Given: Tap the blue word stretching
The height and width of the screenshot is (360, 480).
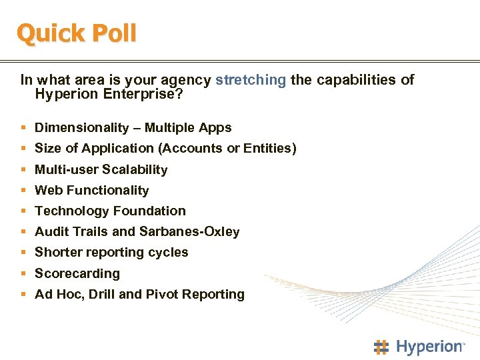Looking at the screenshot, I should point(251,80).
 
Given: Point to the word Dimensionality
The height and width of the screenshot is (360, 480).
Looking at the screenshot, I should point(81,127).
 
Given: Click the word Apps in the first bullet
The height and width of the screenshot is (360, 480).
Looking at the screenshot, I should point(215,127).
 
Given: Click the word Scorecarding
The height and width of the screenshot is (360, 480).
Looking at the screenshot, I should point(77,273).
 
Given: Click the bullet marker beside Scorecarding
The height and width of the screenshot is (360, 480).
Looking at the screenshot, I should point(24,273).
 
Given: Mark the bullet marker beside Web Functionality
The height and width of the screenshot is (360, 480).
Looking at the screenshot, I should point(24,190).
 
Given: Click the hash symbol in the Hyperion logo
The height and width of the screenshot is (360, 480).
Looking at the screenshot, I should point(381,347).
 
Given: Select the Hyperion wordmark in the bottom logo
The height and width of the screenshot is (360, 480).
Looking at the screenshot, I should point(429,347).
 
